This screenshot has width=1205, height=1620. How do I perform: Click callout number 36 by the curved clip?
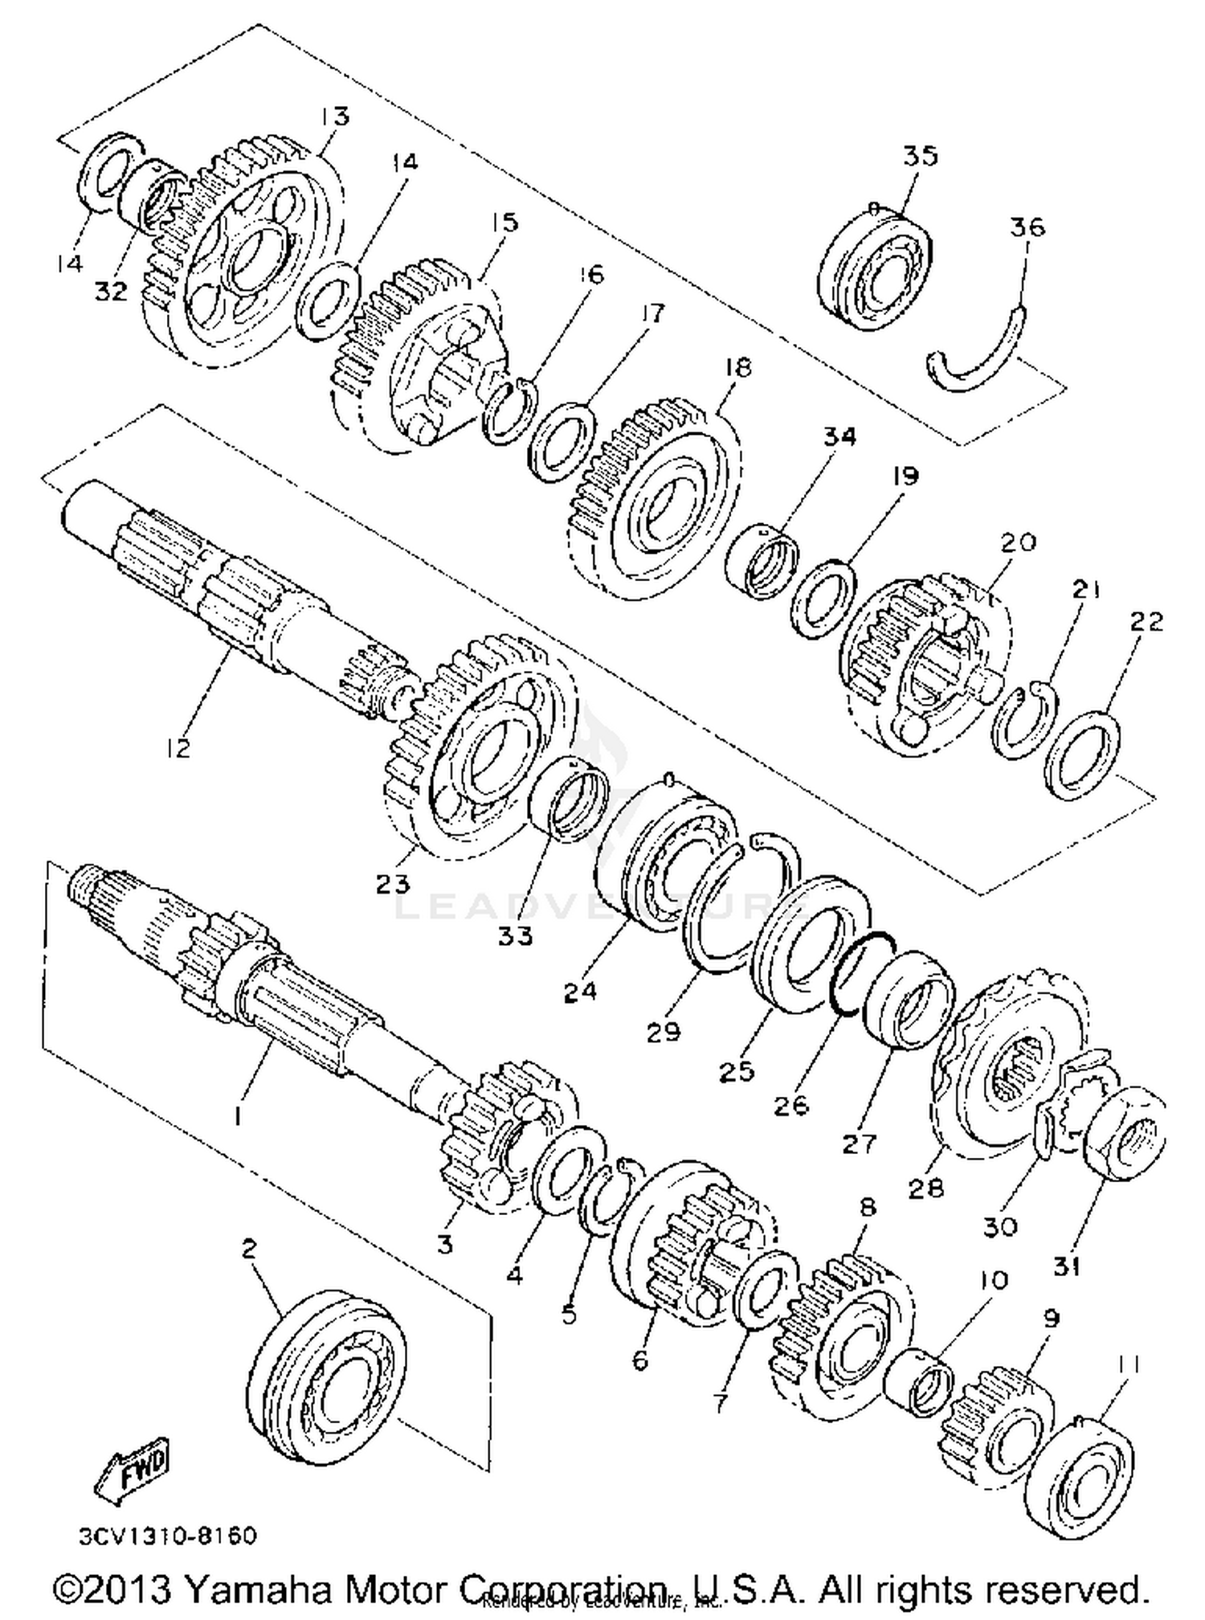point(1027,227)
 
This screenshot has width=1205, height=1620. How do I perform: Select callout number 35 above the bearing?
point(920,155)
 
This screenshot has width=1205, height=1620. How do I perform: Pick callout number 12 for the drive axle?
point(178,747)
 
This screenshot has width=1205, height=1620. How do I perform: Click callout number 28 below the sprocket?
point(925,1187)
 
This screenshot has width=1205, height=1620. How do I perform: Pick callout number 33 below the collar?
point(515,935)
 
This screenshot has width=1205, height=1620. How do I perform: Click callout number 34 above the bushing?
point(839,437)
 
